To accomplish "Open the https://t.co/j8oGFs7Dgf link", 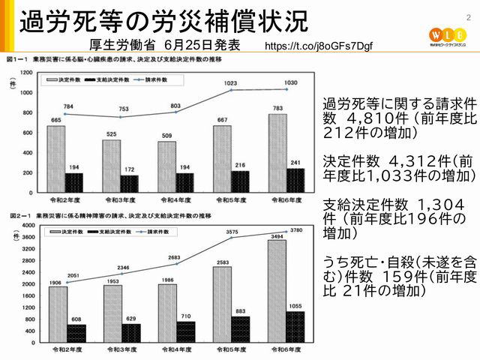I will (x=318, y=46).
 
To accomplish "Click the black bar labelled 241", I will (x=295, y=179).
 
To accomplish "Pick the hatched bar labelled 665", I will (x=56, y=158).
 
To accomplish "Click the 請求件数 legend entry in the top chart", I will (x=168, y=77).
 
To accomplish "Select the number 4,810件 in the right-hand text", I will (x=372, y=119).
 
